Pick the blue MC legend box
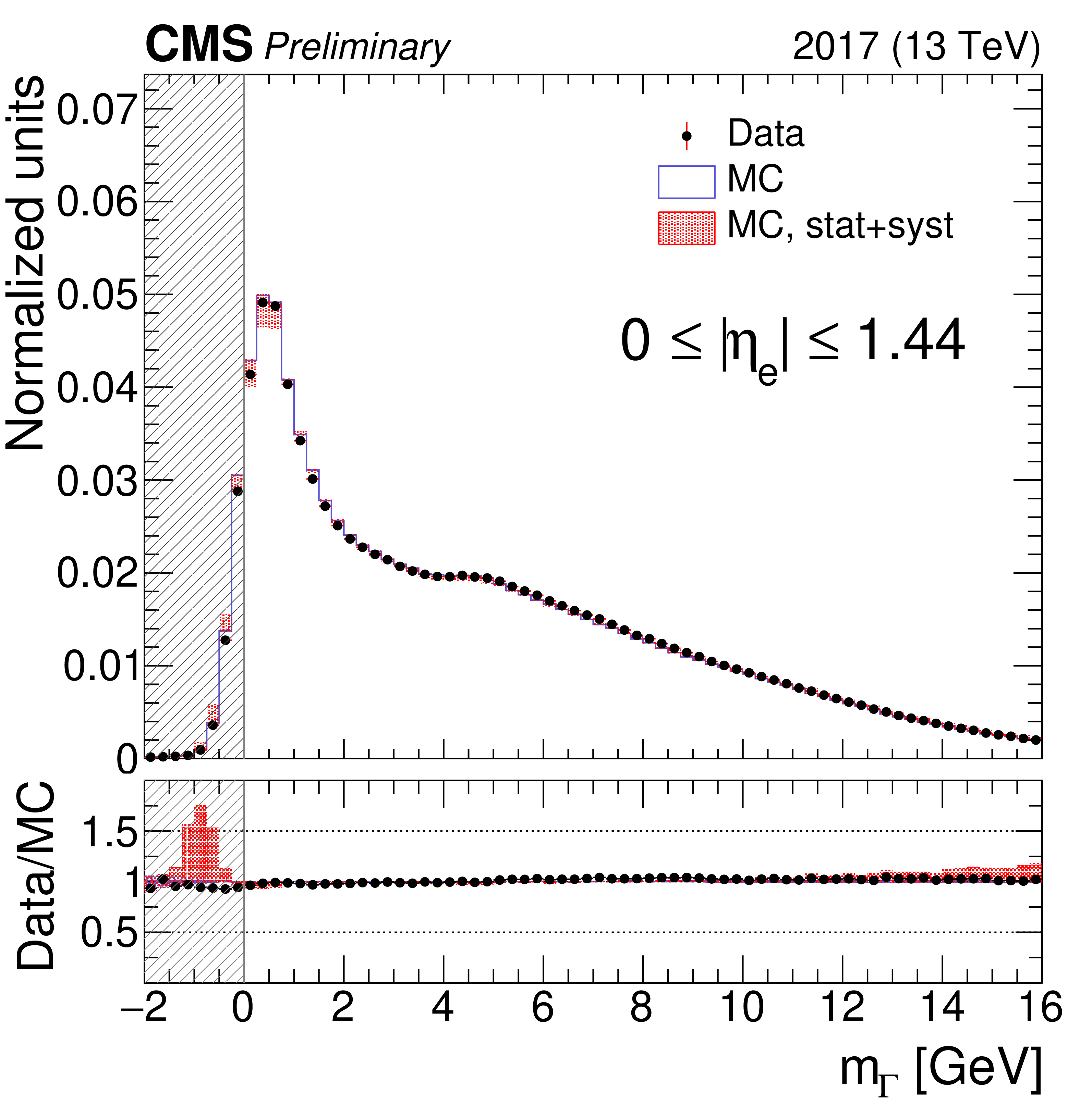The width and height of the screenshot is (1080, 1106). click(x=686, y=182)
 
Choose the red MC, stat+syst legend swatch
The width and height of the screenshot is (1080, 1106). click(x=686, y=228)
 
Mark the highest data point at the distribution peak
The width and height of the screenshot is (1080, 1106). click(x=263, y=302)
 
